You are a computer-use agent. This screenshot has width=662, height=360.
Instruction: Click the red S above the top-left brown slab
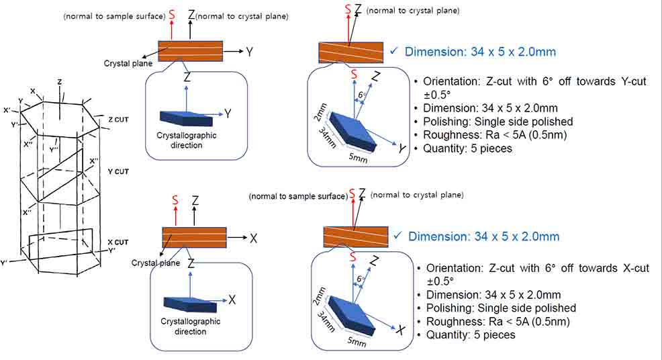tap(173, 14)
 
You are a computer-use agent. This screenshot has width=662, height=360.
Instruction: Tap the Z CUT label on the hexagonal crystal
tap(117, 119)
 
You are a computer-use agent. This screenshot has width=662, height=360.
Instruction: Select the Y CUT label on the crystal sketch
tap(117, 171)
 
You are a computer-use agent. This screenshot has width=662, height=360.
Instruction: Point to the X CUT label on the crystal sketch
tap(117, 242)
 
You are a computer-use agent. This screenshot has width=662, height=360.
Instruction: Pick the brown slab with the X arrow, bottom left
tap(194, 238)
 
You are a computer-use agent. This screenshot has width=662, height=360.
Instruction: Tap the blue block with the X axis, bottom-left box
tap(190, 305)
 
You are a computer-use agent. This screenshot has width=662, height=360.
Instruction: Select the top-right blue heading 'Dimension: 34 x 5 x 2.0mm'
tap(479, 52)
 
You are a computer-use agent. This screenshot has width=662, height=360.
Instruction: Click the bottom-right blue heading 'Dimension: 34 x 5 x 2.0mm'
tap(483, 236)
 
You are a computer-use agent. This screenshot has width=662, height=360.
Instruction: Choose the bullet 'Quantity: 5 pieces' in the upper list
tap(468, 148)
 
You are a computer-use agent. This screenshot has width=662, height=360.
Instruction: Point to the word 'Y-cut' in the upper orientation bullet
tap(632, 81)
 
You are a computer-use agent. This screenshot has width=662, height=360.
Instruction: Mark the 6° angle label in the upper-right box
tap(362, 95)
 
